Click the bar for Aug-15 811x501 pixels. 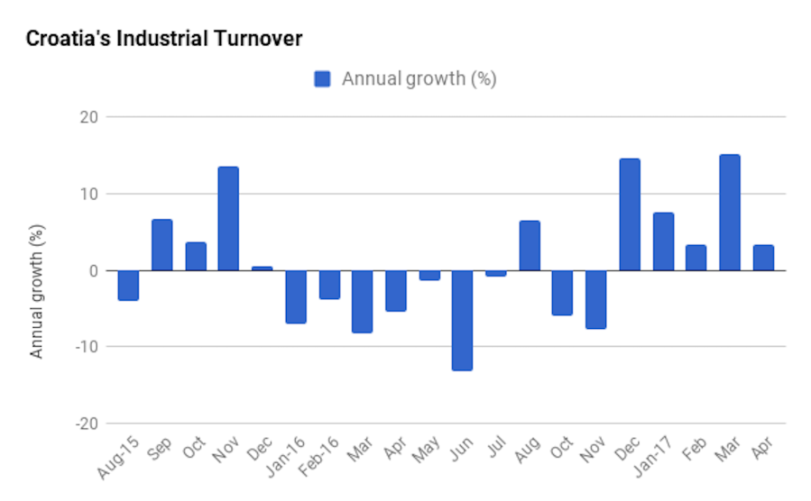point(128,285)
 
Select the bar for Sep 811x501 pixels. point(161,245)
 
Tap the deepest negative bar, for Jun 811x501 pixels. point(462,320)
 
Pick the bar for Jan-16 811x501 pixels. point(295,296)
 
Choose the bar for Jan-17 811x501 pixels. point(663,241)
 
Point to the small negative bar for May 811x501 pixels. point(429,275)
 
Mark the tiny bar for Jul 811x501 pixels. point(495,273)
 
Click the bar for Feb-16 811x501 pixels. point(328,284)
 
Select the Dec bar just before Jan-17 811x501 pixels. point(630,214)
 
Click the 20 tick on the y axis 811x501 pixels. point(88,117)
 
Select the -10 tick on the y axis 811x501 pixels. point(85,347)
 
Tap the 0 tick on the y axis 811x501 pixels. point(93,270)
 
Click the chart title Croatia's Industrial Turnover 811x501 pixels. point(163,39)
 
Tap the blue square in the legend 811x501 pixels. point(322,79)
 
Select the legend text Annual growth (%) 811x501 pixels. point(419,79)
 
